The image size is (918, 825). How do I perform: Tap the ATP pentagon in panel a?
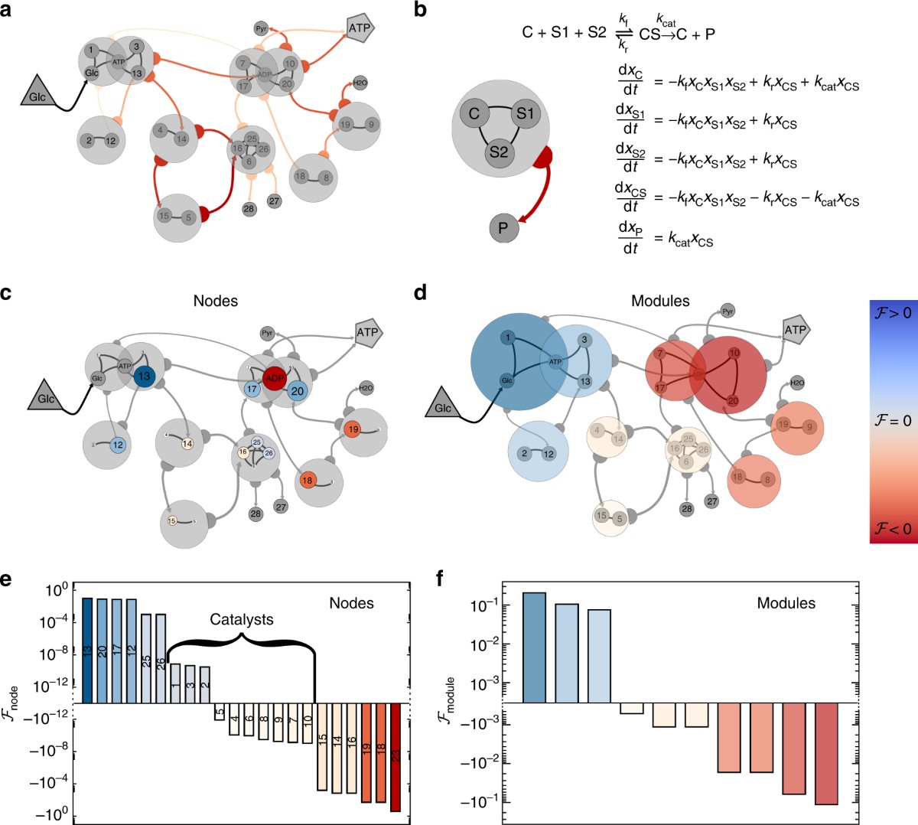[x=359, y=28]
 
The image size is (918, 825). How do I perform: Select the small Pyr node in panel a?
[x=261, y=28]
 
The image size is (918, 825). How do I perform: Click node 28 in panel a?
[x=249, y=208]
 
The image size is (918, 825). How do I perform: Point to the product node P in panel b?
[x=503, y=228]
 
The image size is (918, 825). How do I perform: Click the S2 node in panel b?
[x=498, y=152]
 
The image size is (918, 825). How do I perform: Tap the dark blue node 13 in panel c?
[x=143, y=376]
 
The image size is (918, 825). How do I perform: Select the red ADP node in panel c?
[x=274, y=379]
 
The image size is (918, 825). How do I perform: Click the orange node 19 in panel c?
[x=353, y=429]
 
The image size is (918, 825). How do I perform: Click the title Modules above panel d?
[x=660, y=301]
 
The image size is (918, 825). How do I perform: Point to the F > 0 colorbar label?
[x=891, y=312]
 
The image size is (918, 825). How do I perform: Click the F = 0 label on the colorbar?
[x=891, y=421]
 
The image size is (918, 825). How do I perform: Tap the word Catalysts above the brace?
[x=242, y=619]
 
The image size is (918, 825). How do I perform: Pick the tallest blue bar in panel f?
[x=534, y=647]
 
